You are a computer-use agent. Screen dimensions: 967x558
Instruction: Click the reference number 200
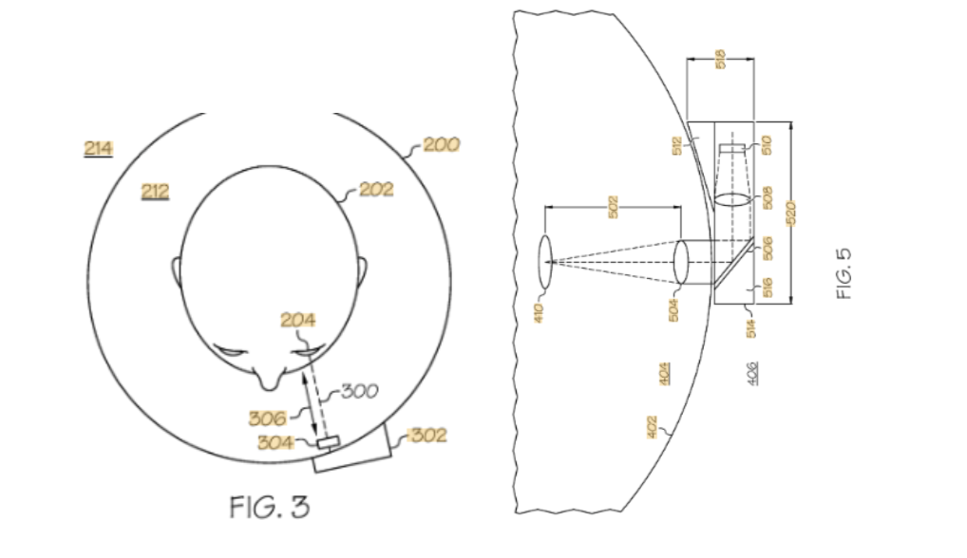coord(441,145)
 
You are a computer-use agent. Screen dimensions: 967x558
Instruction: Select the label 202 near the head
coord(376,189)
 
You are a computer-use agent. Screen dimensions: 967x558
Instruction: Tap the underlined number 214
coord(98,148)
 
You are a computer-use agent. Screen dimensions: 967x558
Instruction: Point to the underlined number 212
coord(155,192)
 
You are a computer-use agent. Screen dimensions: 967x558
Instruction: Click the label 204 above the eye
coord(298,320)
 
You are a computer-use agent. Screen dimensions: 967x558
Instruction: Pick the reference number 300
coord(360,391)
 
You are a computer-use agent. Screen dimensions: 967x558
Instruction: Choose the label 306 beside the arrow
coord(267,418)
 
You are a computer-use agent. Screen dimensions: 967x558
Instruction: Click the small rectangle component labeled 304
coord(328,441)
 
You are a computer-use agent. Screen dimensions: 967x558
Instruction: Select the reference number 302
coord(428,436)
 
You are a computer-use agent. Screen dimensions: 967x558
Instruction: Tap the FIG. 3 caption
coord(270,508)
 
